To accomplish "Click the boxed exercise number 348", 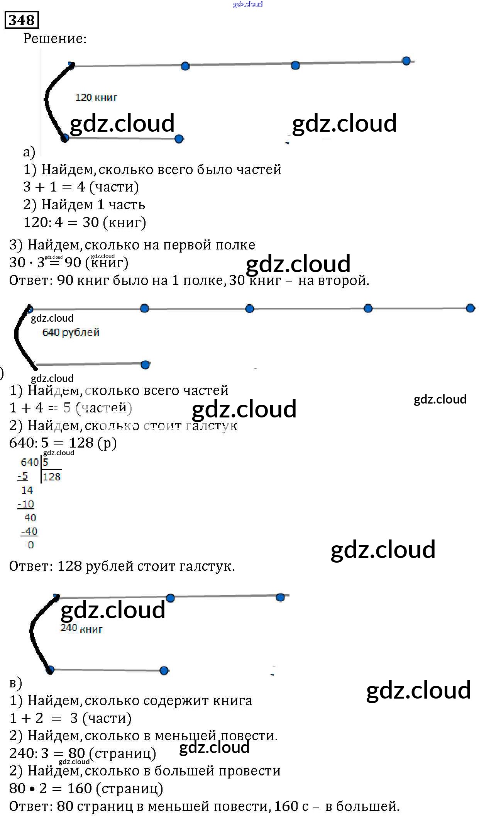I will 22,20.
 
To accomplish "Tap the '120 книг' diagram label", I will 96,97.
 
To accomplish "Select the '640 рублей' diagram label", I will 71,332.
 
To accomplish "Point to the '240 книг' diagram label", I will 81,628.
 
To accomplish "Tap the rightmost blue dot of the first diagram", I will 406,61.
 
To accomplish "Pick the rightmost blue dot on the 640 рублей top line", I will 470,308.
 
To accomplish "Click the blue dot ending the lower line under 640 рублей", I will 145,365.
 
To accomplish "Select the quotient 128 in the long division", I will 52,477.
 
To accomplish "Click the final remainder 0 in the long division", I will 31,545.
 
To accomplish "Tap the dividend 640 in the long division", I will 30,462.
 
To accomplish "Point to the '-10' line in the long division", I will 26,504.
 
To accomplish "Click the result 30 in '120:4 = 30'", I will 91,222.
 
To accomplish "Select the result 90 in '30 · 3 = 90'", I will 73,263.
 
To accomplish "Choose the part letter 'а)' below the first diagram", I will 29,152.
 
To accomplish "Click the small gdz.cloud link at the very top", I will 248,4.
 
